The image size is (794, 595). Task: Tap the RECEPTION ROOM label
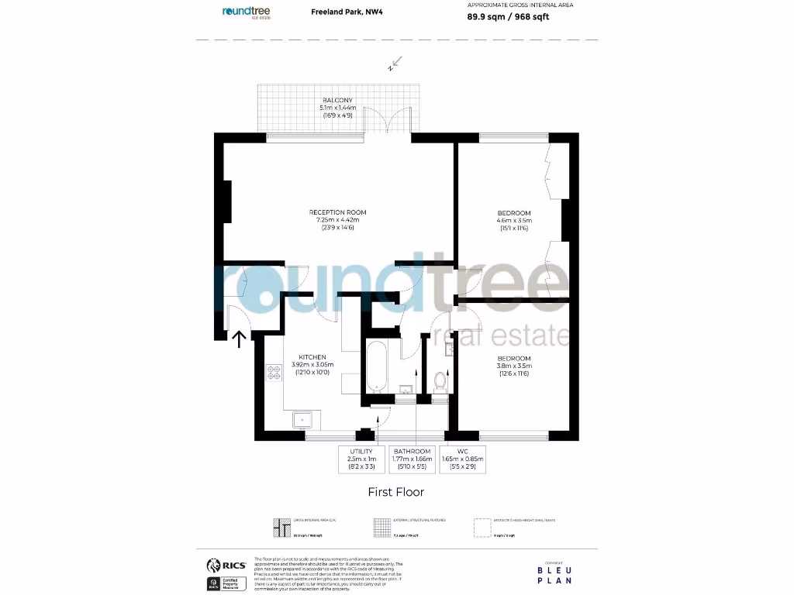pyautogui.click(x=337, y=212)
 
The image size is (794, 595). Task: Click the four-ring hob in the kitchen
pyautogui.click(x=274, y=373)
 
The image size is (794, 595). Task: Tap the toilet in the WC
pyautogui.click(x=440, y=380)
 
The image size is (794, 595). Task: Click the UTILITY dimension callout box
pyautogui.click(x=361, y=459)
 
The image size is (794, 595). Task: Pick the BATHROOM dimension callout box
pyautogui.click(x=412, y=459)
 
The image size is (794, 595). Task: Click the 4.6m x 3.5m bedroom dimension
pyautogui.click(x=514, y=221)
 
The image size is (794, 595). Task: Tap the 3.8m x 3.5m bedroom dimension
pyautogui.click(x=514, y=366)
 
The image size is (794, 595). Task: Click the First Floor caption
pyautogui.click(x=395, y=491)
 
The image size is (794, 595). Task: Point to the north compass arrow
pyautogui.click(x=395, y=63)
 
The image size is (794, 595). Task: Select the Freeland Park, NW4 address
pyautogui.click(x=338, y=12)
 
